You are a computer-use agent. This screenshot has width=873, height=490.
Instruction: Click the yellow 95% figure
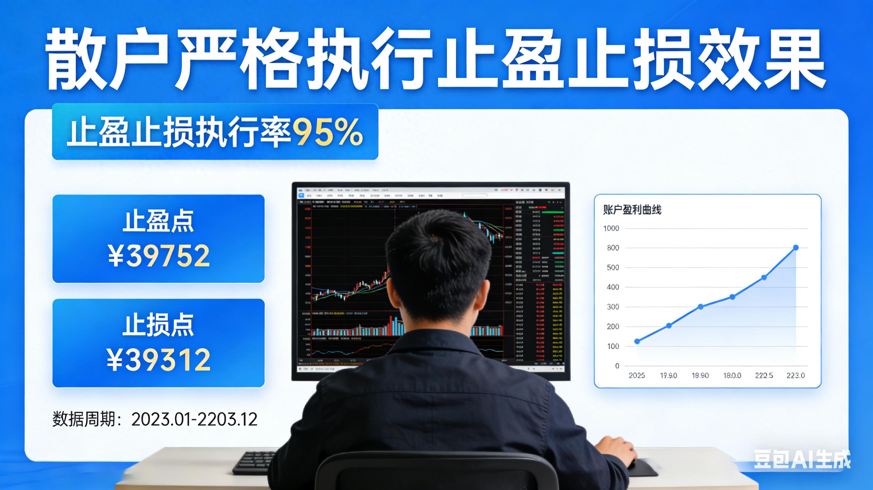327,132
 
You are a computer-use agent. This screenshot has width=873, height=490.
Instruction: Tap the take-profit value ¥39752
159,256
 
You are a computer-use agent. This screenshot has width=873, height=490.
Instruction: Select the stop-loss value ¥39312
159,360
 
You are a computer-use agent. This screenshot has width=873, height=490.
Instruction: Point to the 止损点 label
158,325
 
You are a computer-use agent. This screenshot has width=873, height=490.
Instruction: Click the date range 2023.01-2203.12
194,420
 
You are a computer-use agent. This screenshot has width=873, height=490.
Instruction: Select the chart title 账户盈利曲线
632,210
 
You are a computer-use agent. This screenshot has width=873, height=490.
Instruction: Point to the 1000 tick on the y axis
611,229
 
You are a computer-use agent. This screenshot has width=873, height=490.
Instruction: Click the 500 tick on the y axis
613,268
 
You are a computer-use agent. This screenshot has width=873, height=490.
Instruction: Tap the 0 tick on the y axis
617,366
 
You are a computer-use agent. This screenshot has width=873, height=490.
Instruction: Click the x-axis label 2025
637,375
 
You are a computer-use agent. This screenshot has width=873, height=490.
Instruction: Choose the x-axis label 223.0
795,375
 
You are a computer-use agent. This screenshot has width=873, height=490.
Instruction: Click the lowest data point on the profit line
637,342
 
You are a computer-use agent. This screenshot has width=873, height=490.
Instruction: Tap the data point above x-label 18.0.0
732,297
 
